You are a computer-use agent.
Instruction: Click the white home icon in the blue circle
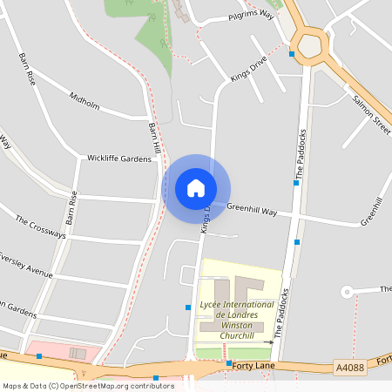pos(196,188)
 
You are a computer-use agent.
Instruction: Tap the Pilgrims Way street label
pos(251,16)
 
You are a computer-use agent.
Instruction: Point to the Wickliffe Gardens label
pos(119,159)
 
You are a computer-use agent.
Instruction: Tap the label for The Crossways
pos(41,227)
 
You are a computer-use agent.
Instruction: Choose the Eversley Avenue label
pos(26,265)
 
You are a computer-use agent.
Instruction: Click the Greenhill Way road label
pos(251,210)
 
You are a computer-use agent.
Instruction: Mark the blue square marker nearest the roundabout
pos(292,54)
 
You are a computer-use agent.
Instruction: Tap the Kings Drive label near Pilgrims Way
pos(248,69)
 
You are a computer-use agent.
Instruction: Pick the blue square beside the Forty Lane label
pos(228,362)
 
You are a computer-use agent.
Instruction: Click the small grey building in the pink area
pos(78,353)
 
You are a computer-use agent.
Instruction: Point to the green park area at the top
pos(152,35)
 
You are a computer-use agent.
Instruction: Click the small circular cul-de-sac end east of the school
pos(346,290)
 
